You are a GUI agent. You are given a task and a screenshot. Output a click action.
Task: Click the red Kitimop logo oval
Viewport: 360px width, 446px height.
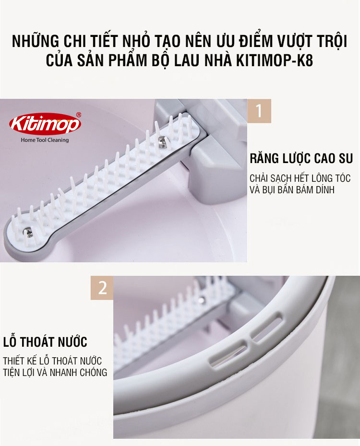click(x=45, y=124)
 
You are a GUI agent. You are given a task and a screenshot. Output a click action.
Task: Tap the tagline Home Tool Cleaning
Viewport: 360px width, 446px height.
click(x=45, y=140)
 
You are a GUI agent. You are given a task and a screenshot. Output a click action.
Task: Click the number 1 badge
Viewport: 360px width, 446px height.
click(x=259, y=111)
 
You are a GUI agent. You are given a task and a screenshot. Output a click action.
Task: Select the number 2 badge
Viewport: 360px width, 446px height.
click(x=102, y=288)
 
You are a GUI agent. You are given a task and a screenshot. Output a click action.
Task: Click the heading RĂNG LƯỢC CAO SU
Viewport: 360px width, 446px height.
click(x=301, y=159)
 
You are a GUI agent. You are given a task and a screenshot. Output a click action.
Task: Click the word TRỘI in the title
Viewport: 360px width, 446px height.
click(x=331, y=42)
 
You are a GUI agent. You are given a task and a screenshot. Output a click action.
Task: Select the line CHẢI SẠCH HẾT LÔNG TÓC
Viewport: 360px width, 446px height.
click(x=300, y=178)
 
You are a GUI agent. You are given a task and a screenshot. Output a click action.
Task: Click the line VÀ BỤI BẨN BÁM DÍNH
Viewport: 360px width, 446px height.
click(x=292, y=190)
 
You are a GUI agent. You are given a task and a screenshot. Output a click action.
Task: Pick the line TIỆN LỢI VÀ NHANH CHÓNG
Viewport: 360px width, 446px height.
click(x=55, y=372)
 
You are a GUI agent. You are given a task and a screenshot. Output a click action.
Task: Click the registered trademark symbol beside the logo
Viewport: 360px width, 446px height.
click(x=79, y=115)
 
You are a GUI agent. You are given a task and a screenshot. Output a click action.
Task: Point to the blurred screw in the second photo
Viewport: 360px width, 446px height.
click(x=201, y=300)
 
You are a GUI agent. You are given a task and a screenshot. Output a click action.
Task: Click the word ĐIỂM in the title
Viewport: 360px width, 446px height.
click(x=255, y=41)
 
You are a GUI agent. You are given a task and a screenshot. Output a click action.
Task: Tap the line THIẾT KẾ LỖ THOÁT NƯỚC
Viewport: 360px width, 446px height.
click(x=52, y=361)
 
